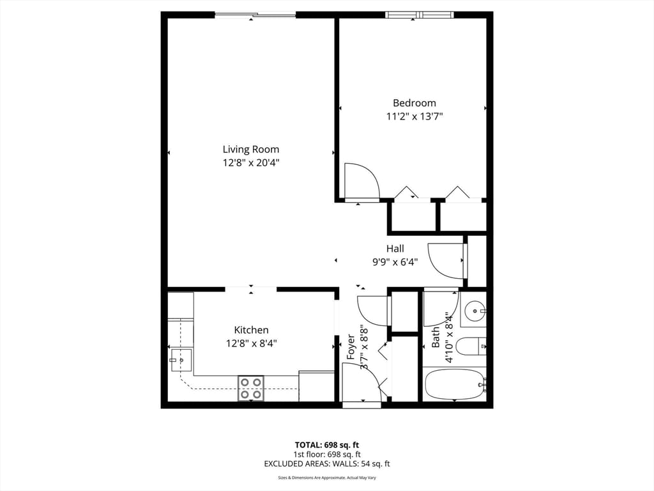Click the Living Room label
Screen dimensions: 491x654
pyautogui.click(x=250, y=149)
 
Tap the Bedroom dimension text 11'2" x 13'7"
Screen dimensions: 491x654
pyautogui.click(x=414, y=116)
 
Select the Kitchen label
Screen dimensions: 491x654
pyautogui.click(x=251, y=330)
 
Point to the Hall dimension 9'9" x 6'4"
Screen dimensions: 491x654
pyautogui.click(x=395, y=261)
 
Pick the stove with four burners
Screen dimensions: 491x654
pyautogui.click(x=251, y=388)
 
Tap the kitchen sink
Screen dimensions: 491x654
pyautogui.click(x=181, y=360)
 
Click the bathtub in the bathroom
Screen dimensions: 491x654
pyautogui.click(x=454, y=384)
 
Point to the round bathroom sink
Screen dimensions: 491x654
pyautogui.click(x=474, y=313)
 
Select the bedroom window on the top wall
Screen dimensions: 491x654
pyautogui.click(x=420, y=15)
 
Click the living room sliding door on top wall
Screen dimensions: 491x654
pyautogui.click(x=255, y=15)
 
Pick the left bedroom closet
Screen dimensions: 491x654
pyautogui.click(x=412, y=215)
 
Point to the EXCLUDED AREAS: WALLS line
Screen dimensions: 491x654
pyautogui.click(x=326, y=464)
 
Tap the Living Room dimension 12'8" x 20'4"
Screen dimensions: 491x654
pyautogui.click(x=251, y=162)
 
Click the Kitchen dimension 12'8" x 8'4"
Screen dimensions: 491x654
pyautogui.click(x=251, y=343)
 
